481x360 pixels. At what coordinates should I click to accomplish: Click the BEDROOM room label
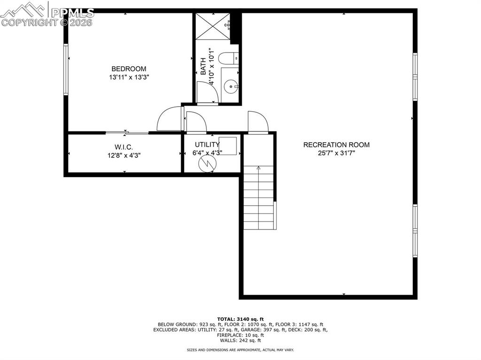pyautogui.click(x=129, y=69)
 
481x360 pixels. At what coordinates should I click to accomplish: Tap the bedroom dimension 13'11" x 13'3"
pyautogui.click(x=129, y=77)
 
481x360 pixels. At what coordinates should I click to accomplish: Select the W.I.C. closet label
pyautogui.click(x=124, y=147)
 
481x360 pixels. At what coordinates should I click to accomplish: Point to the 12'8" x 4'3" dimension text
pyautogui.click(x=124, y=154)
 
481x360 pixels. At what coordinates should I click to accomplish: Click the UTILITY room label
pyautogui.click(x=207, y=145)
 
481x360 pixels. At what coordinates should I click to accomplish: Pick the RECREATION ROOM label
pyautogui.click(x=336, y=145)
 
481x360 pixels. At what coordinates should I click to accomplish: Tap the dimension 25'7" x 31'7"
pyautogui.click(x=336, y=153)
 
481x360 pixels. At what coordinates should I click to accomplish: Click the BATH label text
pyautogui.click(x=203, y=66)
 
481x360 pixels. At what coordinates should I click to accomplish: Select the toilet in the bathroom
pyautogui.click(x=229, y=59)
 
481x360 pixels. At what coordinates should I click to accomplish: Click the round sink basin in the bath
pyautogui.click(x=230, y=86)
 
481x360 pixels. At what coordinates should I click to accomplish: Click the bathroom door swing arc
pyautogui.click(x=207, y=92)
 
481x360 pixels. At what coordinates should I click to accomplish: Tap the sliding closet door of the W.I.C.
pyautogui.click(x=127, y=133)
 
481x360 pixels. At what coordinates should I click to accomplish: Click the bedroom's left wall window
pyautogui.click(x=66, y=69)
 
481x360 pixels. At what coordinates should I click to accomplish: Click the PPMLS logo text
pyautogui.click(x=72, y=13)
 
